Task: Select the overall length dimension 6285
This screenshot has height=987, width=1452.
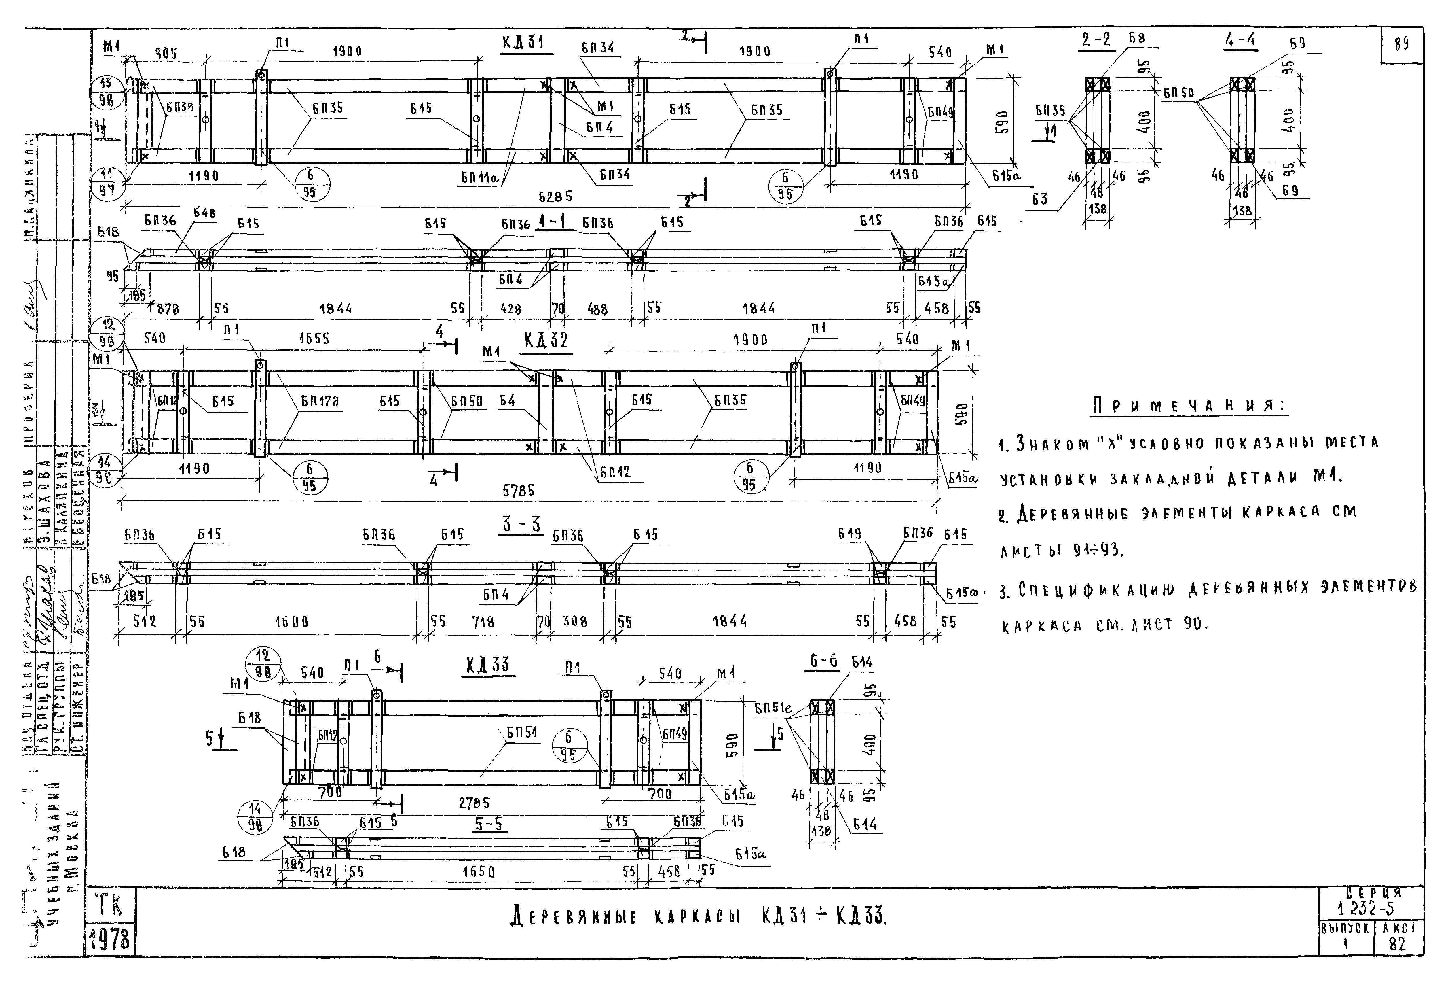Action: coord(555,196)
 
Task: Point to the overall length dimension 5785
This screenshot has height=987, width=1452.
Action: coord(519,491)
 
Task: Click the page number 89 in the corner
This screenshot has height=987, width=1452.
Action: coord(1401,45)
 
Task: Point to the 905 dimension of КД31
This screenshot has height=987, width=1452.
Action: coord(166,54)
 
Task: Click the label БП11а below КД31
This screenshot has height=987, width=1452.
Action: coord(479,178)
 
